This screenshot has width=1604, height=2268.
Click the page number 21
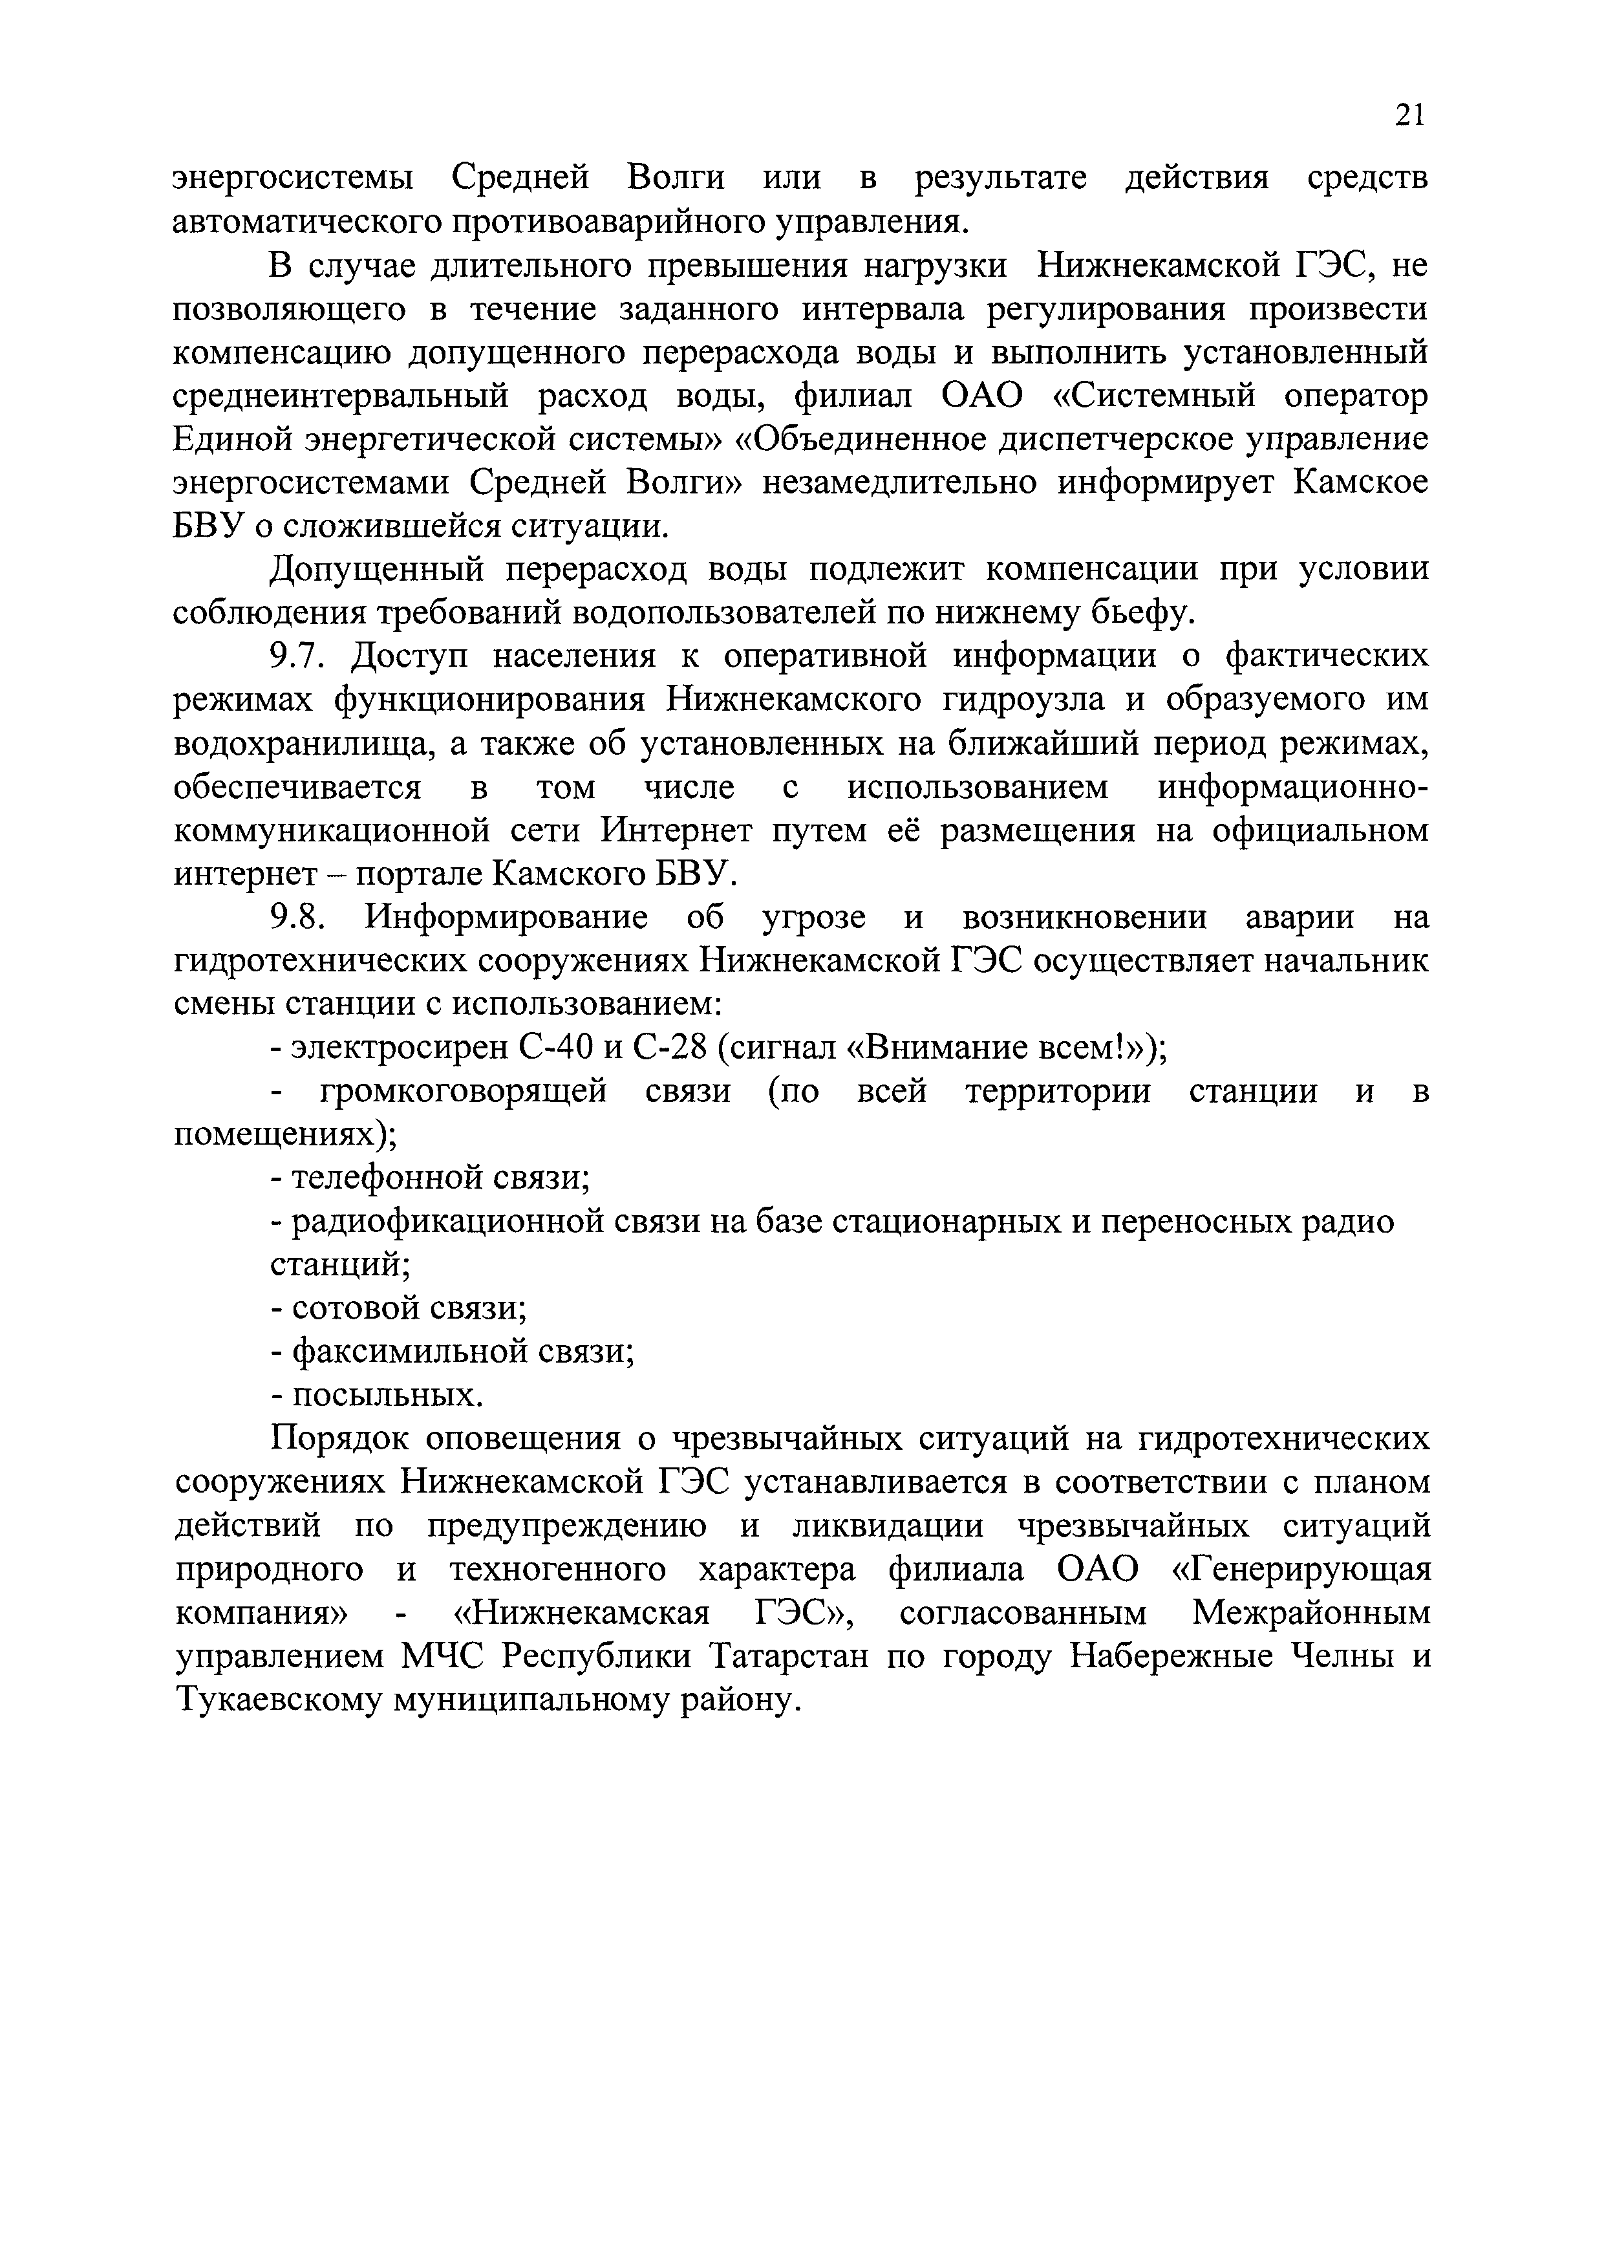tap(1411, 116)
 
